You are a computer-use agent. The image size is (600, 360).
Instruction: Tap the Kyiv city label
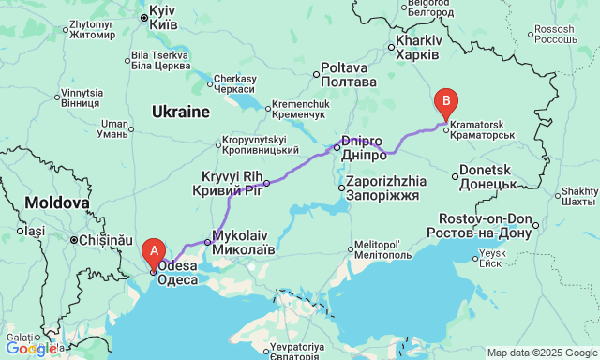(163, 17)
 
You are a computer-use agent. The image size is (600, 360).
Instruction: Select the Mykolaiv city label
(244, 243)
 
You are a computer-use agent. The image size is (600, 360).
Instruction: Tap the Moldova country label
(57, 202)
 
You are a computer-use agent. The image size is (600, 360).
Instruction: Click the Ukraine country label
(181, 112)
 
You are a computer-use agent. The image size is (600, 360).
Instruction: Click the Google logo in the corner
(30, 349)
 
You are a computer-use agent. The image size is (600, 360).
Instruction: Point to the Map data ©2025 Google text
(540, 352)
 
